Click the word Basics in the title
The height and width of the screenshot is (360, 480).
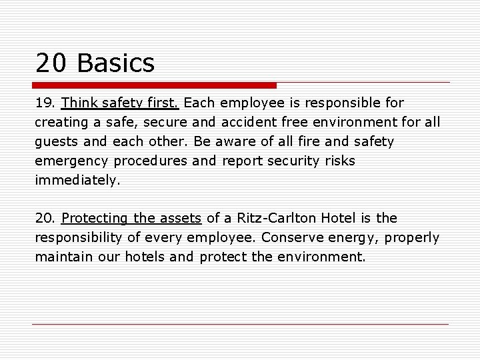(x=116, y=63)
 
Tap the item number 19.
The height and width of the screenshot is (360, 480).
(x=45, y=103)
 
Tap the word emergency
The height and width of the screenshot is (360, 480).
(x=73, y=161)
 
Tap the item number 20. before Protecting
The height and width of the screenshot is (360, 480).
(x=46, y=218)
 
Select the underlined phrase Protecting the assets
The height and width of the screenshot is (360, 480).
(x=131, y=218)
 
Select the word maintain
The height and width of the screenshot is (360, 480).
(x=65, y=256)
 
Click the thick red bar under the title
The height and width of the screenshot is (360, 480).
(x=154, y=85)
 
